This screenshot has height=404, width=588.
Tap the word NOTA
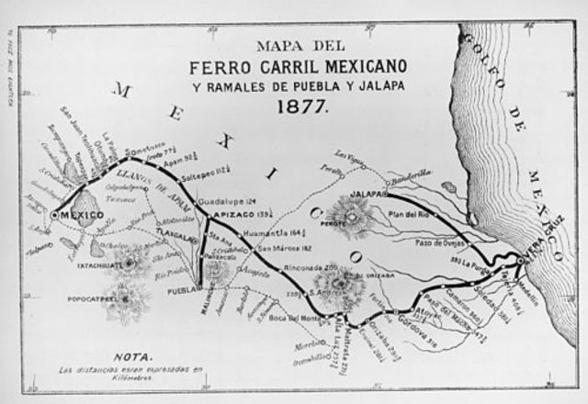click(128, 354)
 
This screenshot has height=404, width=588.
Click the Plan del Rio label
click(409, 215)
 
